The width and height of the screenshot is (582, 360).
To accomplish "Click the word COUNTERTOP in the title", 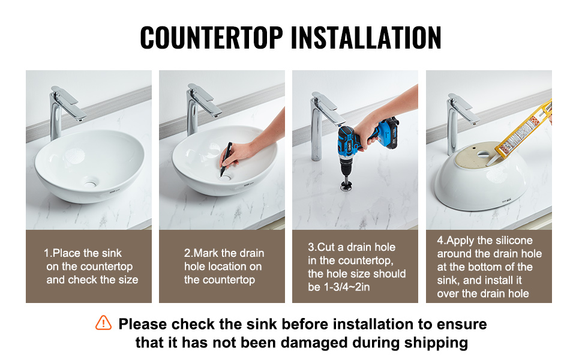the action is click(x=212, y=37).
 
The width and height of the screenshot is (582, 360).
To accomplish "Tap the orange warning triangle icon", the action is click(x=103, y=323).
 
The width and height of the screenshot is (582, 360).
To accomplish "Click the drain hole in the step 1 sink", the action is click(x=90, y=183).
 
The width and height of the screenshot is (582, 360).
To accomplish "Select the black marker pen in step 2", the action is click(x=226, y=159).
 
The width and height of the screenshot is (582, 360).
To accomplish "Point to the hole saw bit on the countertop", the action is click(x=346, y=185).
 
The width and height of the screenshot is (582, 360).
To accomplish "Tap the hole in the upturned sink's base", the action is click(x=483, y=154).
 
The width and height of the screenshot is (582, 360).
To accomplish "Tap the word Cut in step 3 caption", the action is click(x=326, y=247).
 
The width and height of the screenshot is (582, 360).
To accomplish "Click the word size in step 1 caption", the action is click(x=128, y=280).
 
